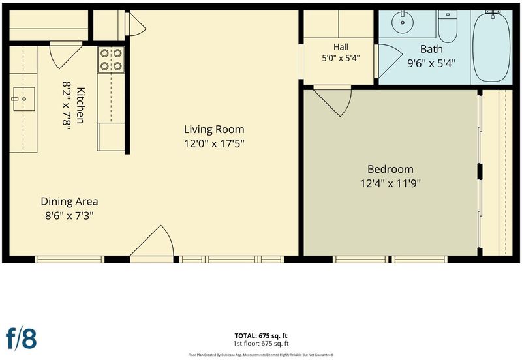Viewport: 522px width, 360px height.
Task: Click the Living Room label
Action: point(214,129)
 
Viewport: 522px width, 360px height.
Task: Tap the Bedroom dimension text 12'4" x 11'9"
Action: point(390,183)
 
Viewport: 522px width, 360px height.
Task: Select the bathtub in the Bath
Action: point(491,46)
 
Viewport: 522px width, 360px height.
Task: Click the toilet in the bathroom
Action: point(448,27)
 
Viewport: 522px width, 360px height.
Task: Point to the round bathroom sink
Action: point(403,22)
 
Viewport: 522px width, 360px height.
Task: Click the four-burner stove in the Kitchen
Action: point(111,59)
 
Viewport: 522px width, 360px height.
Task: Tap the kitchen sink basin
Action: point(24,99)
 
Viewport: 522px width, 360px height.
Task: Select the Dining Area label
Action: point(69,202)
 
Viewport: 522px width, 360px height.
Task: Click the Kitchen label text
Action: point(80,106)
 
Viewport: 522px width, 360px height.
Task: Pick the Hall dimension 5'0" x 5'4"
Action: point(341,58)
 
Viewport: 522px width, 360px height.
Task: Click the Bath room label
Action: point(431,49)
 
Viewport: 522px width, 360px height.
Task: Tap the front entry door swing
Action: point(152,241)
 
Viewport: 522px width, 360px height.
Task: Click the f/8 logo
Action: point(22,338)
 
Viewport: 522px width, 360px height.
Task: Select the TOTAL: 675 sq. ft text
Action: point(261,336)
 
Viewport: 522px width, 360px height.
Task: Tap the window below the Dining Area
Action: point(70,260)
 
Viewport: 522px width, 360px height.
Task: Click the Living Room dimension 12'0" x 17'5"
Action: point(215,143)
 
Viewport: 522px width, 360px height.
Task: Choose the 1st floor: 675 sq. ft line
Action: point(261,344)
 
